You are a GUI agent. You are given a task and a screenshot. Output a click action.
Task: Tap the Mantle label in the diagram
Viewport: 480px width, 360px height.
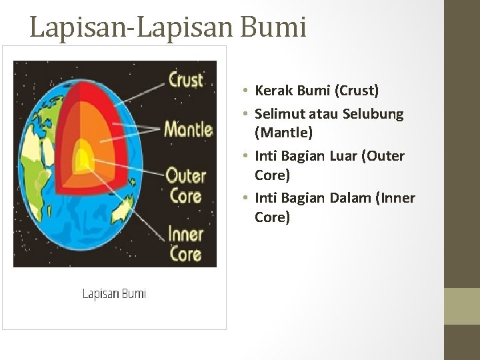tap(188, 128)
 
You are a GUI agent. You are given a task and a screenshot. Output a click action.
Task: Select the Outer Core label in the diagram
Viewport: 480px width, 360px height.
tap(185, 186)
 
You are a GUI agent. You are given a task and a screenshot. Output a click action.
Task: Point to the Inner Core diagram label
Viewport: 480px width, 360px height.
tap(185, 244)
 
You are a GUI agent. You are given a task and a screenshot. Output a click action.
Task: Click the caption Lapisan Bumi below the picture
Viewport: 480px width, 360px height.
tap(114, 293)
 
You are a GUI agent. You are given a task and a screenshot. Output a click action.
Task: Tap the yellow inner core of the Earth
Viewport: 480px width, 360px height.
tap(83, 159)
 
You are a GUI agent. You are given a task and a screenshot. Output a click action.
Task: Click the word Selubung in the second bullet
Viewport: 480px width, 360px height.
tap(373, 114)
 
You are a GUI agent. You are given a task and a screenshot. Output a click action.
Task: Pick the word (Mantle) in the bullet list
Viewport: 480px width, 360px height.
tap(283, 133)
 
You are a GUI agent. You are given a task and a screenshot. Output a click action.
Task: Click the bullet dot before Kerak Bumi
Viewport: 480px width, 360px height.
tap(246, 91)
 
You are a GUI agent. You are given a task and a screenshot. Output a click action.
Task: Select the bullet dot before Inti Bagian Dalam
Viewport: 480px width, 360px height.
tap(246, 199)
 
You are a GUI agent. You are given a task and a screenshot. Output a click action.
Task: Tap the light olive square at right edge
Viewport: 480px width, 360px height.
tap(461, 306)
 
